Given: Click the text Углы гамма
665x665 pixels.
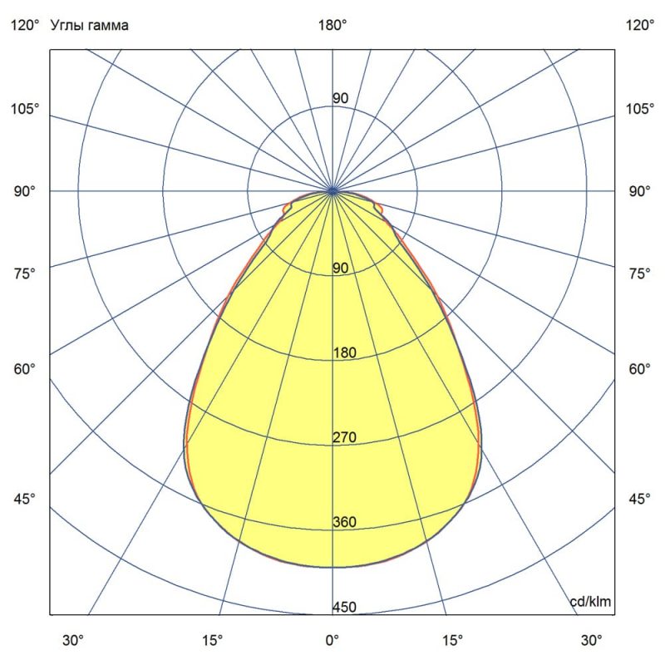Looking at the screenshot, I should click(x=90, y=26).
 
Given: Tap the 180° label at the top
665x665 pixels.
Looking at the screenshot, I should click(x=332, y=26).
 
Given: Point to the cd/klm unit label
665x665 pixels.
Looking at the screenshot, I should click(x=591, y=601).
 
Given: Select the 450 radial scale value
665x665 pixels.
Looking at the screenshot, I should click(x=344, y=608).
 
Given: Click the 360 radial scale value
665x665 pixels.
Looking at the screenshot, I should click(x=344, y=523).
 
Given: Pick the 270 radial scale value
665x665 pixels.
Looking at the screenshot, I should click(x=344, y=438).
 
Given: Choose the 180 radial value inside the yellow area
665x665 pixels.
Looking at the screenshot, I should click(x=344, y=353).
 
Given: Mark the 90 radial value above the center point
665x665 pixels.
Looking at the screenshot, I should click(x=341, y=99).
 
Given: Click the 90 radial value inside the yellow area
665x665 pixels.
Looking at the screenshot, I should click(x=341, y=268).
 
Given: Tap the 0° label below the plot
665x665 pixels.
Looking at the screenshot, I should click(x=332, y=641).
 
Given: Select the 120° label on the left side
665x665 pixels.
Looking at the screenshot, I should click(x=24, y=26).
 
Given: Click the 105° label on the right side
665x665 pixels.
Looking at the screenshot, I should click(x=640, y=110).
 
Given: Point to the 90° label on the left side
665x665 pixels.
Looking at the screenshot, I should click(x=24, y=192).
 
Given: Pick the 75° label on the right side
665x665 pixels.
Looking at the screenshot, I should click(x=640, y=273).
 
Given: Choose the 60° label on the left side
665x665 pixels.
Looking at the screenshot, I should click(x=24, y=369).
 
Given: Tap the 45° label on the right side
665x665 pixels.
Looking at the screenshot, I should click(x=640, y=500).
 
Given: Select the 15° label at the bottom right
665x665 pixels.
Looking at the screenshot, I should click(x=454, y=641).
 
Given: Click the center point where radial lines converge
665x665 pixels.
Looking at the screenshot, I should click(x=333, y=191).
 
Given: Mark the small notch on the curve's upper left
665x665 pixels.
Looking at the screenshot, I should click(x=287, y=209).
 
